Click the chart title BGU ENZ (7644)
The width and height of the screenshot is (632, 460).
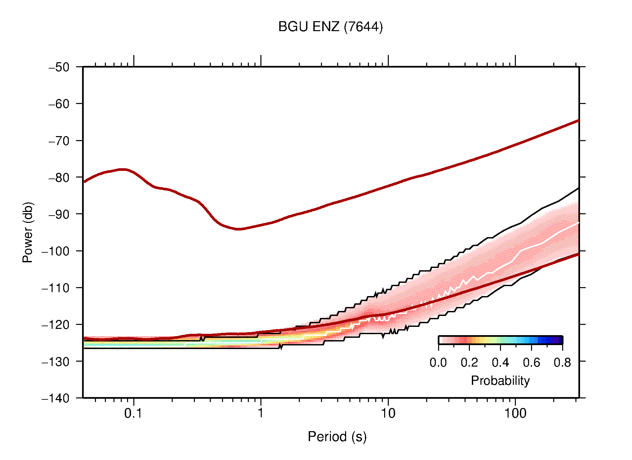(x=330, y=27)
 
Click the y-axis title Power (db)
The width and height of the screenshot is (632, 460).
(x=28, y=232)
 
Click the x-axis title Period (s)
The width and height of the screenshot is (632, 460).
(x=337, y=437)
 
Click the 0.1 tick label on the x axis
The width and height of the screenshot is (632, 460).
(x=133, y=413)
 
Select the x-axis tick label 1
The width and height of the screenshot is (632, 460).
(x=261, y=413)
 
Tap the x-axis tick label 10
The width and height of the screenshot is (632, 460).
(x=388, y=413)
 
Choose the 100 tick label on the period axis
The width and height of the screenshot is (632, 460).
(x=515, y=413)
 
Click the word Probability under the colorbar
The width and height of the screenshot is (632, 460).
(x=500, y=381)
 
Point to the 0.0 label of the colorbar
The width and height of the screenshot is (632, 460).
(x=438, y=363)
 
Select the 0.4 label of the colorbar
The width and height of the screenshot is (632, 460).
(x=500, y=363)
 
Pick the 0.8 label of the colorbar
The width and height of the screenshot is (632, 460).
(x=562, y=363)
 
